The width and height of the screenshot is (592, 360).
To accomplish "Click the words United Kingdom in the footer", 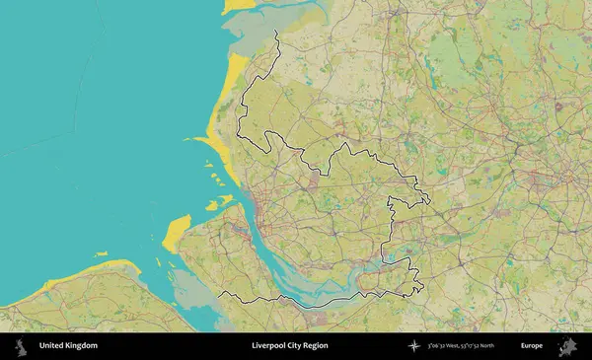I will click(68, 346).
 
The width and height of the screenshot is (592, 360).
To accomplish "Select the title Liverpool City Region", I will click(290, 346).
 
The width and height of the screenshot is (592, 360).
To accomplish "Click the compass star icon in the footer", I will click(419, 346).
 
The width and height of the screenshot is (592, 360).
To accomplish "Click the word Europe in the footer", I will click(531, 346).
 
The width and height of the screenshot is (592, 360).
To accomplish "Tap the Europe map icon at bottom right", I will click(567, 346).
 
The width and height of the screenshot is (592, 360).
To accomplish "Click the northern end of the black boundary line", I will click(275, 32).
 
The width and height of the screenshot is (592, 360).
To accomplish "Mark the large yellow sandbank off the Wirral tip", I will click(176, 233).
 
